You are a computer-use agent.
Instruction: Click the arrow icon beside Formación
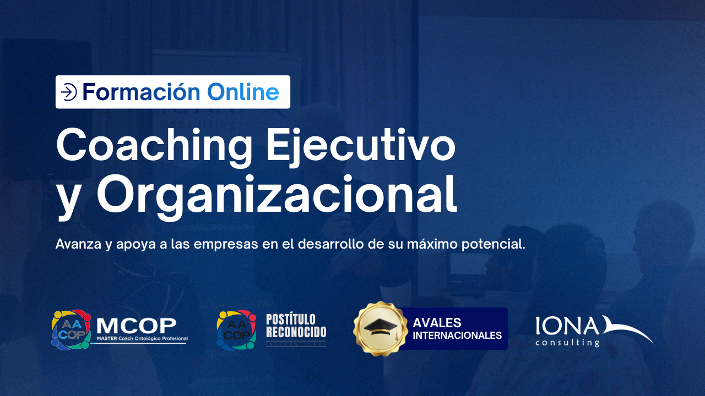[68, 92]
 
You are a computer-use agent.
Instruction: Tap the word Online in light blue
[243, 92]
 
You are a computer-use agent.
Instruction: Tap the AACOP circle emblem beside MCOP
[71, 329]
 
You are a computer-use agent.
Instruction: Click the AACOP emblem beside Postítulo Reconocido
[236, 329]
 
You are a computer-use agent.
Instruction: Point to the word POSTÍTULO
[291, 320]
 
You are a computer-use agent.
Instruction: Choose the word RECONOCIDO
[296, 332]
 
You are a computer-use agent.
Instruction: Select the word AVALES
[437, 323]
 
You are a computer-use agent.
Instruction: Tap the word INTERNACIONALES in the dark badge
[457, 335]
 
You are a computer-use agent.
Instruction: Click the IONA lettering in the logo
[567, 326]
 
